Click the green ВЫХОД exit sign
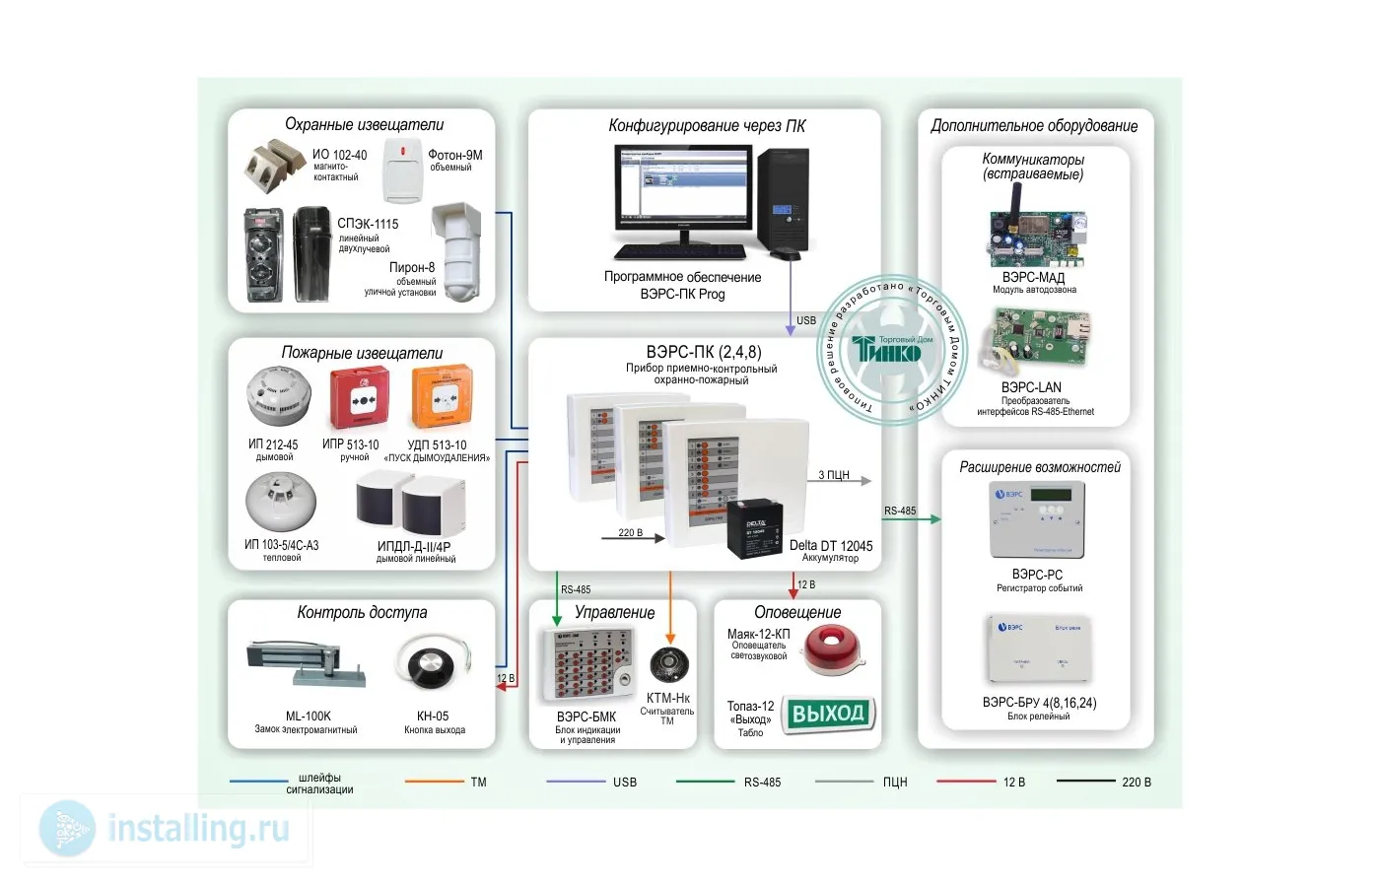828,714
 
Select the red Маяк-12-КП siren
830,649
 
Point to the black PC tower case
785,201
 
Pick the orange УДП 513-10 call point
440,398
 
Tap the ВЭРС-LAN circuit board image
1037,341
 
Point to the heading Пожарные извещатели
362,353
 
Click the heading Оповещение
797,612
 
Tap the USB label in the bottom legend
625,783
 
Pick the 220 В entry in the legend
1136,783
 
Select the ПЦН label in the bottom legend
894,783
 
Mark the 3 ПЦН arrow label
834,475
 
